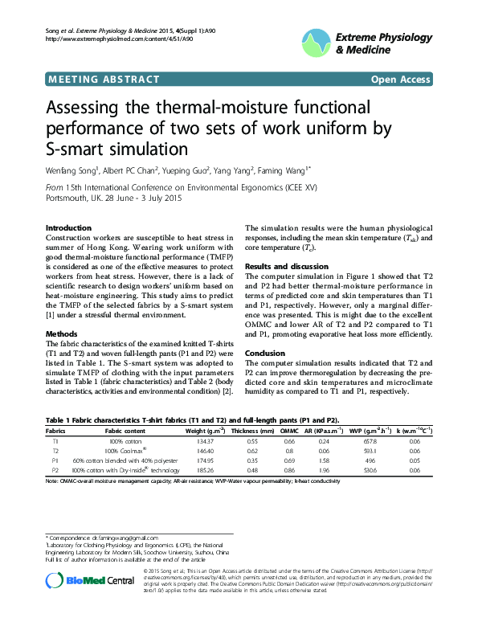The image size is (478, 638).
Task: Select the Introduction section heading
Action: pos(68,228)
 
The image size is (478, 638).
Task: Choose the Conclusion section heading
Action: pos(265,353)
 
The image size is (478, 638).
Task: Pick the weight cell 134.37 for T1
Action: pos(205,442)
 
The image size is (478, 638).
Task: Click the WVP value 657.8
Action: pos(370,442)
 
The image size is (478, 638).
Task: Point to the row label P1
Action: pos(55,460)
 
